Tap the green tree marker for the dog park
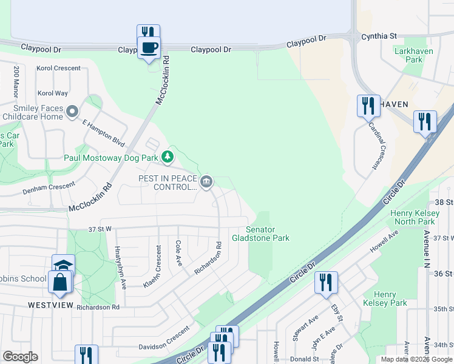(x=168, y=158)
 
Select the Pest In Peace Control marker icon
(x=206, y=181)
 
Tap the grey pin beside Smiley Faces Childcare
(x=73, y=112)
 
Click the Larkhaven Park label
(x=413, y=56)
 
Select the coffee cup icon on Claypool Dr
(x=149, y=47)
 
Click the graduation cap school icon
(x=63, y=266)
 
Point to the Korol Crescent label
(x=58, y=69)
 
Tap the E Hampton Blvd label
(x=103, y=133)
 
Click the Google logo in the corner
(x=20, y=357)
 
